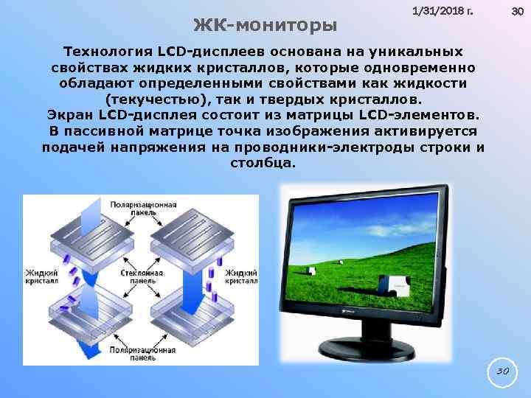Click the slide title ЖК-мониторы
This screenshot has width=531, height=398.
click(x=265, y=25)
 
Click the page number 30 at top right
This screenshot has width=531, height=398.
click(x=516, y=12)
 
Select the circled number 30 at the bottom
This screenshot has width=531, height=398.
click(x=502, y=372)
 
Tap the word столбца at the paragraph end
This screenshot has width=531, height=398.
click(x=265, y=162)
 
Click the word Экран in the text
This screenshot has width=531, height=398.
click(x=69, y=115)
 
